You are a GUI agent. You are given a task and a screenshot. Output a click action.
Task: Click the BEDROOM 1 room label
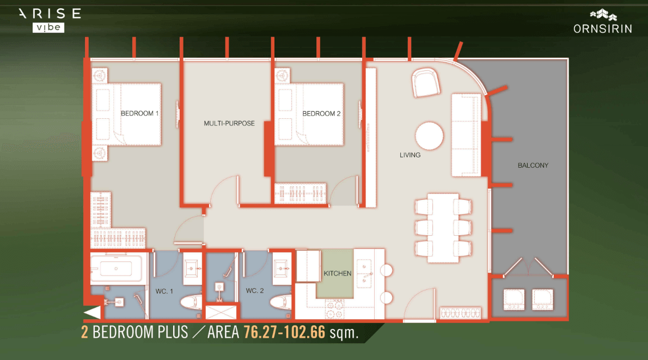pos(139,113)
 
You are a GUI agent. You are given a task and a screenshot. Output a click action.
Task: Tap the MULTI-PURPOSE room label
pos(229,123)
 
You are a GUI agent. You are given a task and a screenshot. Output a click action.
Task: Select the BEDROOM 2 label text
pos(321,114)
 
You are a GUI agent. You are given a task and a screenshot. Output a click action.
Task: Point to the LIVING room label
pos(410,155)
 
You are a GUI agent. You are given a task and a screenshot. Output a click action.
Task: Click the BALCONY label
pos(533,166)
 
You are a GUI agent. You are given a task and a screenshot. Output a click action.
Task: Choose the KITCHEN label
pos(337,273)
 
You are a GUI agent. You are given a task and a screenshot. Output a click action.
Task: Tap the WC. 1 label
pos(164,291)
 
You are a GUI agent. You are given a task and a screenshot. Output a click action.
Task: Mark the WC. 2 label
pos(255,291)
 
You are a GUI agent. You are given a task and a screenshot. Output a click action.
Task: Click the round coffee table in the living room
pos(430,136)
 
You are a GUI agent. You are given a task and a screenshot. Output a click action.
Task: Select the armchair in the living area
pos(425,83)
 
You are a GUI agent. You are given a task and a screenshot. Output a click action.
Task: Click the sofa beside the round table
pos(466,135)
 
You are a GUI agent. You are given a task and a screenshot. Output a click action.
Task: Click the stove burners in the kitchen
pos(334,309)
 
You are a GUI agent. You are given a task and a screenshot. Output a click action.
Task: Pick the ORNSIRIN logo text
pos(603,29)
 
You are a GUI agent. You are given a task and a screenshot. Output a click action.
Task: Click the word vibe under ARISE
pos(48,28)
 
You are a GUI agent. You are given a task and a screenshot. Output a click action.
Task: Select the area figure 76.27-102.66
pos(284,332)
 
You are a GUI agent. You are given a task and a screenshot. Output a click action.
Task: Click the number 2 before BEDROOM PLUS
pos(85,332)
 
